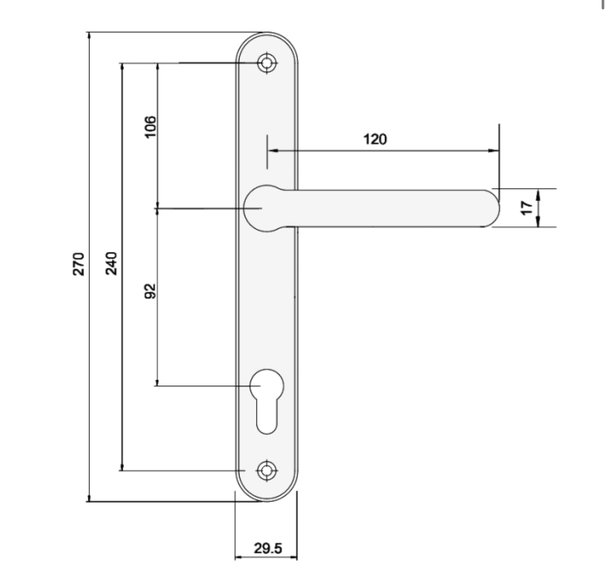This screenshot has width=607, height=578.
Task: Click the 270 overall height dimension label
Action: point(78,264)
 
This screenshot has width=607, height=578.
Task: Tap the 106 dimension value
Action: point(151,127)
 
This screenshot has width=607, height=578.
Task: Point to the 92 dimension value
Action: point(150,291)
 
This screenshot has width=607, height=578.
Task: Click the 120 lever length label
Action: point(375,139)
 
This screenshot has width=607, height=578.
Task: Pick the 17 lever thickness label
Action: point(527,207)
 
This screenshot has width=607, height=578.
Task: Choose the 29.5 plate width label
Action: point(268,548)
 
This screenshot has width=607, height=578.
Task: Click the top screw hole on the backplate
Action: point(267,63)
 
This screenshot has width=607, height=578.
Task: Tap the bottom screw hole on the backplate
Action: point(267,471)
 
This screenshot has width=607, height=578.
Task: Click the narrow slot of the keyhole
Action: point(267,416)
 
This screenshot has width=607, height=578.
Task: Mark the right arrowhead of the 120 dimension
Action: point(495,151)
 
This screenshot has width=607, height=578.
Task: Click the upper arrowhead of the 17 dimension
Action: point(538,193)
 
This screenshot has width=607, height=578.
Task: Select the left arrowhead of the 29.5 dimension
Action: point(239,557)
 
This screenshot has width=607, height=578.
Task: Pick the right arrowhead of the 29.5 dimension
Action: point(294,557)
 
